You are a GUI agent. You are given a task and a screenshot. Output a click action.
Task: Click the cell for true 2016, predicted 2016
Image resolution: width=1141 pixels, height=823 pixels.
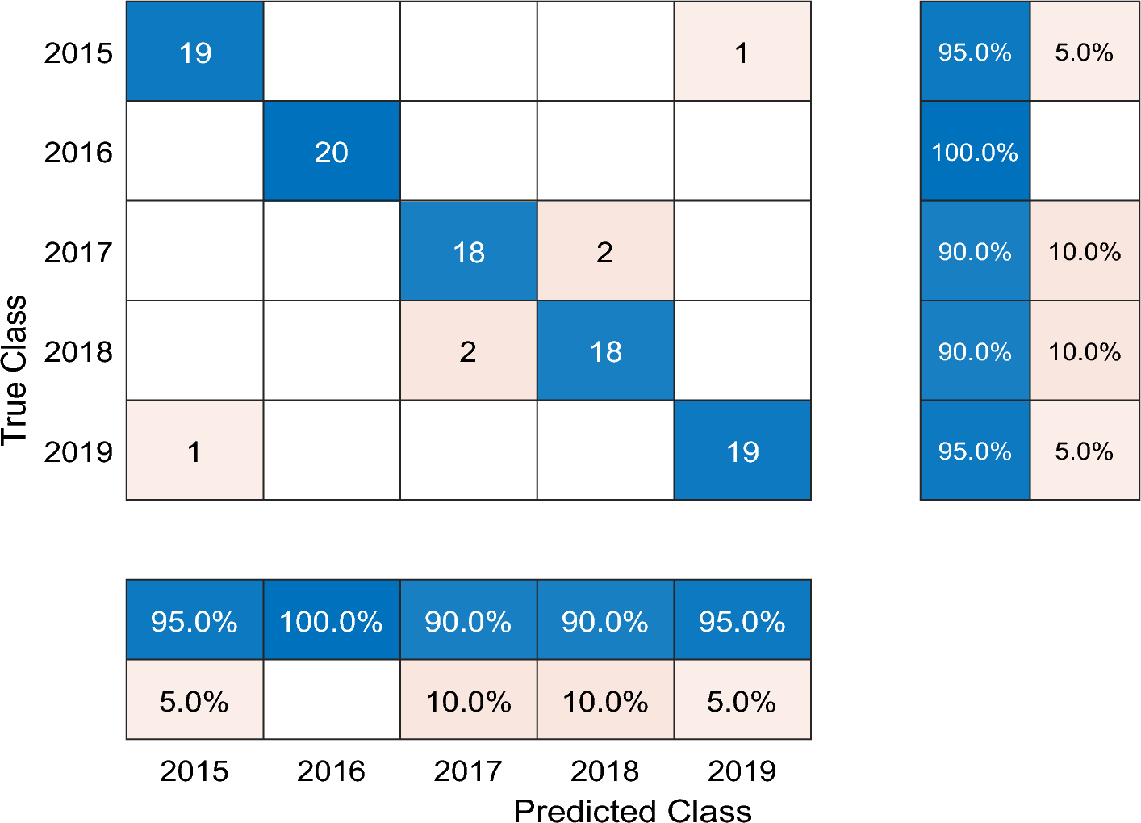[332, 151]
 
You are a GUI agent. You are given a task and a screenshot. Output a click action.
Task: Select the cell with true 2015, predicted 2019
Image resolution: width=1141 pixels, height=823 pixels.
[742, 52]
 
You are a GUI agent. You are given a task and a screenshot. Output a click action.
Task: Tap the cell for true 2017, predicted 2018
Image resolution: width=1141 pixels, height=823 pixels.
[605, 251]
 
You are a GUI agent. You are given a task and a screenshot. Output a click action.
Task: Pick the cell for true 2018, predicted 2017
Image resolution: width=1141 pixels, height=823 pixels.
[468, 351]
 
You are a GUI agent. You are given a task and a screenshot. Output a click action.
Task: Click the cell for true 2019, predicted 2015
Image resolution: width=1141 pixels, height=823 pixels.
[194, 451]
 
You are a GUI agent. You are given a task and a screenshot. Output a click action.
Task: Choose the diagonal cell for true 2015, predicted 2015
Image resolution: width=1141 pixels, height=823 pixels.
[194, 52]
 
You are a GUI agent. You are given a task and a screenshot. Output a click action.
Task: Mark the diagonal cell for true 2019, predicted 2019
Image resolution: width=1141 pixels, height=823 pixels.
[742, 451]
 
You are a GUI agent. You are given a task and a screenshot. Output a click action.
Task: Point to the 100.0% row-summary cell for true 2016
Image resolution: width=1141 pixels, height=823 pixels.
[975, 151]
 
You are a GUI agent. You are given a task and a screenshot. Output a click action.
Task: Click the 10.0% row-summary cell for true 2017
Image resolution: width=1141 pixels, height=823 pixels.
[1085, 251]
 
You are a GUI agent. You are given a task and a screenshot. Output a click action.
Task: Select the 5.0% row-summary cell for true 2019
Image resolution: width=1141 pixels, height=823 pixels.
[1085, 451]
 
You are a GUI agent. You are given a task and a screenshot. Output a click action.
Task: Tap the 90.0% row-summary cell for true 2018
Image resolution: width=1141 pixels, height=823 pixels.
[975, 351]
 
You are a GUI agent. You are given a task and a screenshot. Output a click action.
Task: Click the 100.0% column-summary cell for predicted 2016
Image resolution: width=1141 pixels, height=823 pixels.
[332, 620]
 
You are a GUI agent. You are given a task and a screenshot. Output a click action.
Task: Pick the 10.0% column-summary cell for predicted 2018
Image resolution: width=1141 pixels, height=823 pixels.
[605, 700]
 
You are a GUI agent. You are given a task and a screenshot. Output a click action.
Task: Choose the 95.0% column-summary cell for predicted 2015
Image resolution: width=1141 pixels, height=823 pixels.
[194, 620]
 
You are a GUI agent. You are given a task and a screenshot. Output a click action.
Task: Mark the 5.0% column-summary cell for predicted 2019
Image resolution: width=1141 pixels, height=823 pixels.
[742, 700]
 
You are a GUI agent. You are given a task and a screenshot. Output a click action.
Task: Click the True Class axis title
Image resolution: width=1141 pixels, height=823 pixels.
[15, 370]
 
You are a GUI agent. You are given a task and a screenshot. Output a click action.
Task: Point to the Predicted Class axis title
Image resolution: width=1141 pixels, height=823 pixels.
[633, 810]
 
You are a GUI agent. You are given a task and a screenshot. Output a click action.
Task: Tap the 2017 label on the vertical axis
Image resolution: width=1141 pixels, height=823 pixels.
[78, 252]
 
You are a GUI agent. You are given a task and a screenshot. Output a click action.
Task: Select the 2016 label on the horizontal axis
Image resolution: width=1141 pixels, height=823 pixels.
[331, 771]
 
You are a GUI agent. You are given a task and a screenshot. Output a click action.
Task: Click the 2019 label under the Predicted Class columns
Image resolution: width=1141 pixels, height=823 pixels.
[742, 771]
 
